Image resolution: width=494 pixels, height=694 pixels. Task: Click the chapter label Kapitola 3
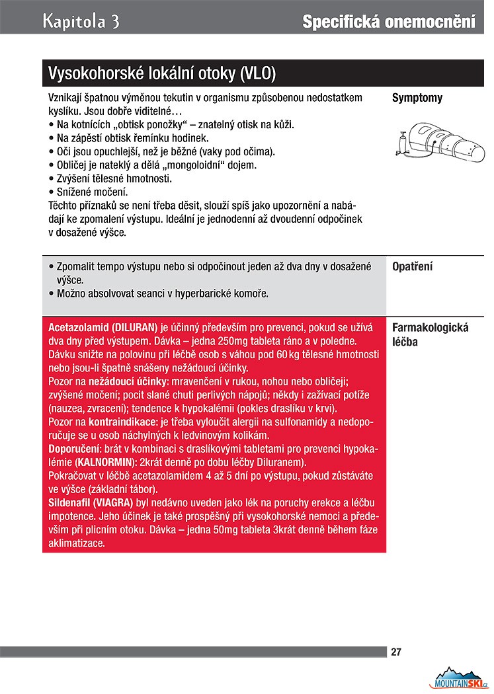(81, 21)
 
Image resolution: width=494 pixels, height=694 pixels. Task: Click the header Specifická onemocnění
(388, 22)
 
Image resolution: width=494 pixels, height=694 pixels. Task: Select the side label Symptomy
(417, 98)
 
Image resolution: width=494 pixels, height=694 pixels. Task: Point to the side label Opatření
(412, 268)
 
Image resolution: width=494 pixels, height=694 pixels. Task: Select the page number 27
(396, 652)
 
